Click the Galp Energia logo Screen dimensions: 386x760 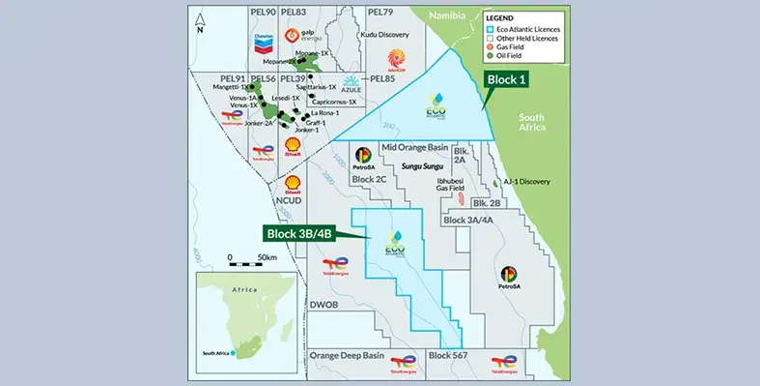pos(295,37)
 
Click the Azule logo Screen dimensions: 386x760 pos(351,87)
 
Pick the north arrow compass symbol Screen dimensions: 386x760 pos(200,22)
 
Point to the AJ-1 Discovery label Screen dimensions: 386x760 pos(525,181)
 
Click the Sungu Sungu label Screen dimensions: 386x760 pos(421,166)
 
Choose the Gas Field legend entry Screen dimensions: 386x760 pos(515,46)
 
